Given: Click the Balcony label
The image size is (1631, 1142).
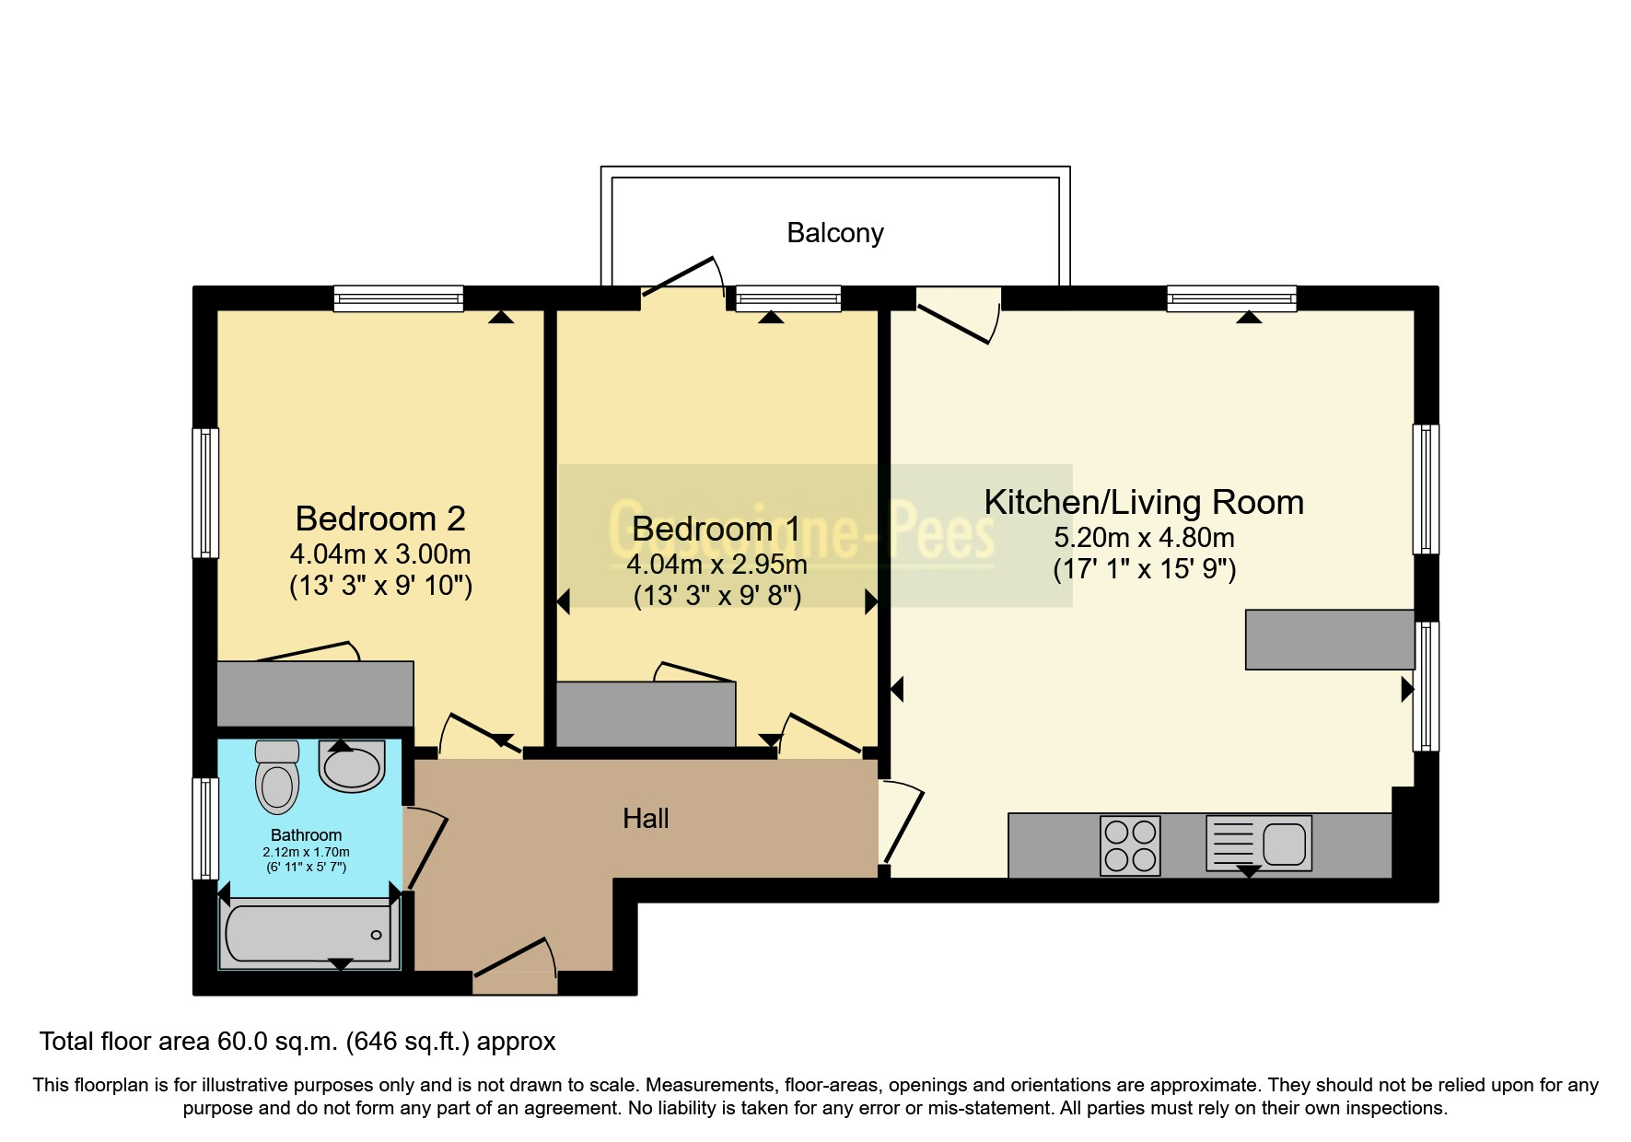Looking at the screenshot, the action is [834, 233].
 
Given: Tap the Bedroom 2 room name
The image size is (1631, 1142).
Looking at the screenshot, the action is [379, 519].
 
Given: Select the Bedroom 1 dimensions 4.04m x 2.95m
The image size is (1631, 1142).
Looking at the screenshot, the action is [716, 564].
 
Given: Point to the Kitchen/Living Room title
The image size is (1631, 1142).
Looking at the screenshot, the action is [1144, 502].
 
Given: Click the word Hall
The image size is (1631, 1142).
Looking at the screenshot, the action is [646, 818].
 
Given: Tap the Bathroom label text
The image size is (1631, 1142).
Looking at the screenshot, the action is [306, 835].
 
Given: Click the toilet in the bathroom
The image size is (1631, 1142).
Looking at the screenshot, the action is [277, 778].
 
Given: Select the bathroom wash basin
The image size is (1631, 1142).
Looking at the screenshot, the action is [352, 767].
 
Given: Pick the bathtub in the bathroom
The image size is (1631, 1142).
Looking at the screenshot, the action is [309, 933].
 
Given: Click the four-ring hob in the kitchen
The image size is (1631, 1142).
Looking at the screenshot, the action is [1130, 845].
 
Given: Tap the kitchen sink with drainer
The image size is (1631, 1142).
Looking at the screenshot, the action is [1259, 844].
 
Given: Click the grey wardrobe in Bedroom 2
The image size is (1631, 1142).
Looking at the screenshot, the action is [315, 693].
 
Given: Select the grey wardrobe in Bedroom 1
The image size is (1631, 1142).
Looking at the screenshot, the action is [646, 714].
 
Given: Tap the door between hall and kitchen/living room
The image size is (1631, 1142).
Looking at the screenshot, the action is [901, 825].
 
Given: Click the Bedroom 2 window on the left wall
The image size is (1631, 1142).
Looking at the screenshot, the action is [205, 493].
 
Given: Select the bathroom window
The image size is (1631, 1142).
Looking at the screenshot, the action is [205, 828].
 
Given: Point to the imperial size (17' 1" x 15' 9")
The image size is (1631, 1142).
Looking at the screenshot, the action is [1144, 569].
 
